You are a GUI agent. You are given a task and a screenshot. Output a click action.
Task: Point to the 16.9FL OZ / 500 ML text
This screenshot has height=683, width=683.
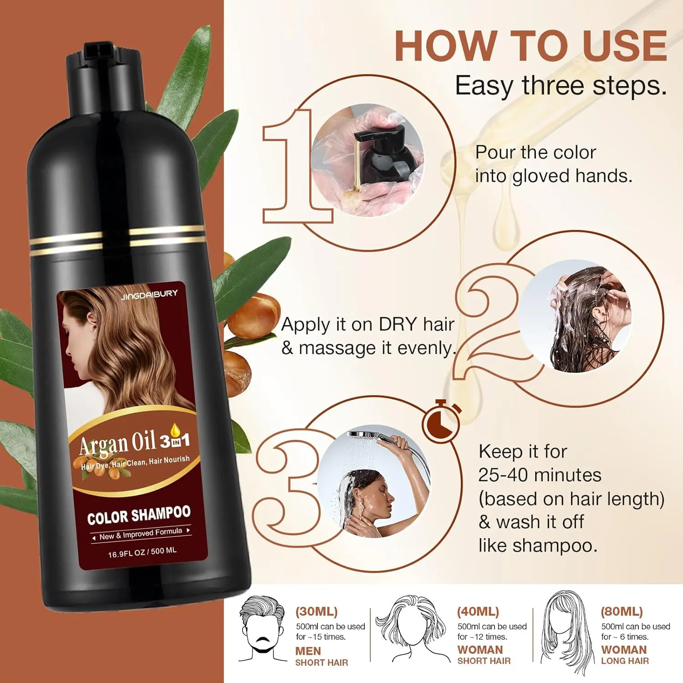pyautogui.click(x=142, y=552)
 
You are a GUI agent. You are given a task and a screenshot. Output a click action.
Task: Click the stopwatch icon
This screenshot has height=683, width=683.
pyautogui.click(x=441, y=421)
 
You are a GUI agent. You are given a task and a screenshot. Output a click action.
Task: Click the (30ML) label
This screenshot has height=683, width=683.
pyautogui.click(x=316, y=612)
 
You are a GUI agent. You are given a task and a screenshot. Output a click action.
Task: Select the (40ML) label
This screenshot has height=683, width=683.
pyautogui.click(x=478, y=612)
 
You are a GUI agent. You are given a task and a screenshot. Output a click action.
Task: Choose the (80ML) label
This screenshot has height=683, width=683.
pyautogui.click(x=622, y=612)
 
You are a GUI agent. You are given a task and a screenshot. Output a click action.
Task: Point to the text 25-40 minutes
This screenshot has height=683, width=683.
pyautogui.click(x=540, y=475)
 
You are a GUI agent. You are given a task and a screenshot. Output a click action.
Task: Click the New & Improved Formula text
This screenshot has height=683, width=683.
pyautogui.click(x=141, y=534)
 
